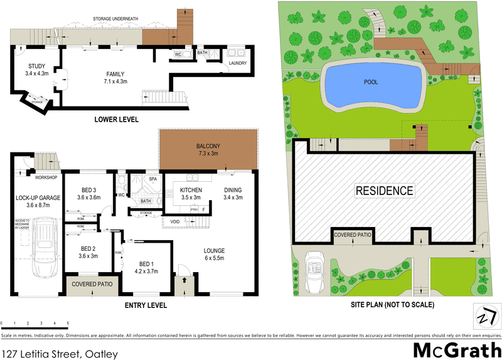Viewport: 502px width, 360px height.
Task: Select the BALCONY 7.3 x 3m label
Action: [x=208, y=150]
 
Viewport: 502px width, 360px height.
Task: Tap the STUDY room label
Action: [x=36, y=70]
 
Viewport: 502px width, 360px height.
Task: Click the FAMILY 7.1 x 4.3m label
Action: [x=115, y=77]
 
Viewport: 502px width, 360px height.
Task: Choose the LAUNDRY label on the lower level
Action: [x=237, y=63]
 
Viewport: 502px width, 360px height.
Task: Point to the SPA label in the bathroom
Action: [x=152, y=179]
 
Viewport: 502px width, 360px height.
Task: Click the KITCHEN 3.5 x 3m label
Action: [x=190, y=193]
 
